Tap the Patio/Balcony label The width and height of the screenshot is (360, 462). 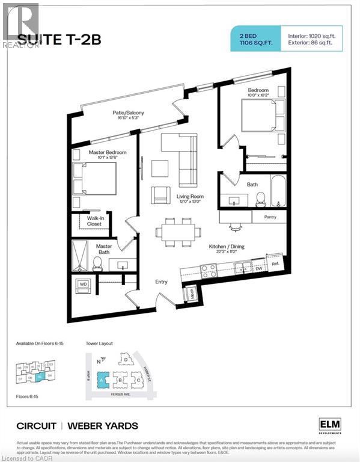tap(128, 113)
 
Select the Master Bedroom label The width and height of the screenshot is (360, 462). tap(108, 153)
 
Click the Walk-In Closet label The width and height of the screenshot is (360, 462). tap(94, 221)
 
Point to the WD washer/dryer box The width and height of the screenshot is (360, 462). tap(83, 284)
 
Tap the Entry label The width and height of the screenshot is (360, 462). tap(161, 282)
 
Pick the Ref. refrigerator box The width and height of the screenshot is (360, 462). tap(276, 263)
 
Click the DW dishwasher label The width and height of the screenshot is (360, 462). tap(258, 269)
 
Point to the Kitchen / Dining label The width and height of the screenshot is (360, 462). tap(226, 247)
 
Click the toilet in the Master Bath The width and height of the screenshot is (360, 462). tap(96, 262)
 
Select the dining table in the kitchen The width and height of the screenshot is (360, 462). tap(178, 232)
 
